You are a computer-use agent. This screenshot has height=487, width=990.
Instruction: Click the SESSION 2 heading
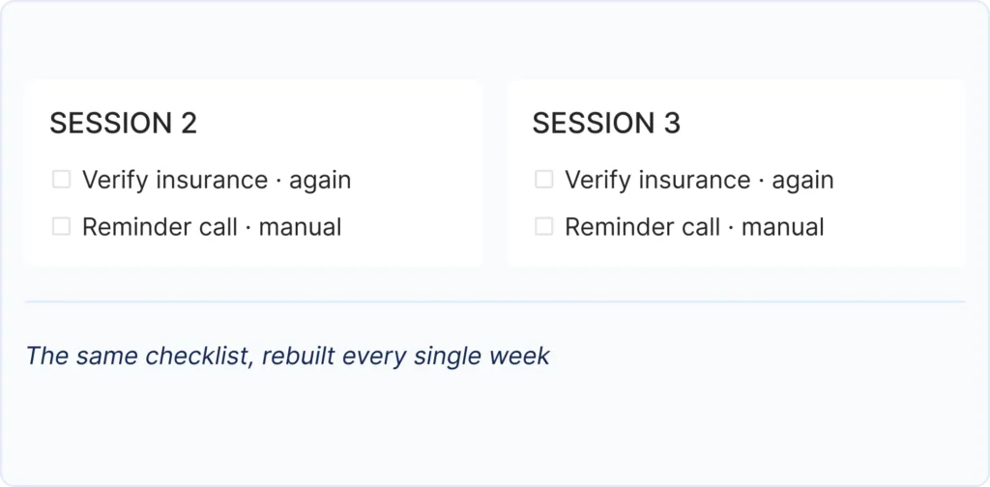pos(123,123)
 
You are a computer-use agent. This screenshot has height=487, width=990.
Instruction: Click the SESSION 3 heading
pos(606,123)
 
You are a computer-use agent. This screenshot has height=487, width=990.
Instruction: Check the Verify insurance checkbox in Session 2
pos(61,180)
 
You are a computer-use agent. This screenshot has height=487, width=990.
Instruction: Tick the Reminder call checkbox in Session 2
pos(61,226)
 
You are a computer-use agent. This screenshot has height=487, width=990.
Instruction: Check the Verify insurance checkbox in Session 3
pos(543,180)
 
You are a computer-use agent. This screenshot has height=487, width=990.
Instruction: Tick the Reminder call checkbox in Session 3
pos(543,226)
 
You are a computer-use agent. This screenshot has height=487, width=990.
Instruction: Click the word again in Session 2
pos(320,181)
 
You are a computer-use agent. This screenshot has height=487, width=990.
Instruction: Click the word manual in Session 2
pos(300,227)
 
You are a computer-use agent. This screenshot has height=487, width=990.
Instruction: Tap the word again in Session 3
pos(802,181)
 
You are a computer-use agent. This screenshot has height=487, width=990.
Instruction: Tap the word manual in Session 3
pos(782,227)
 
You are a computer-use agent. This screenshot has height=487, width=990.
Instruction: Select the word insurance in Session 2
pos(212,180)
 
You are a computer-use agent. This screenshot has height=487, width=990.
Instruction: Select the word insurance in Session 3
pos(694,180)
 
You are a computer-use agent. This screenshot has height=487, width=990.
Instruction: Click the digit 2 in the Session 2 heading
pos(189,123)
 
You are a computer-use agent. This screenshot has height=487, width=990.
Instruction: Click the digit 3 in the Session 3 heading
pos(672,123)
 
